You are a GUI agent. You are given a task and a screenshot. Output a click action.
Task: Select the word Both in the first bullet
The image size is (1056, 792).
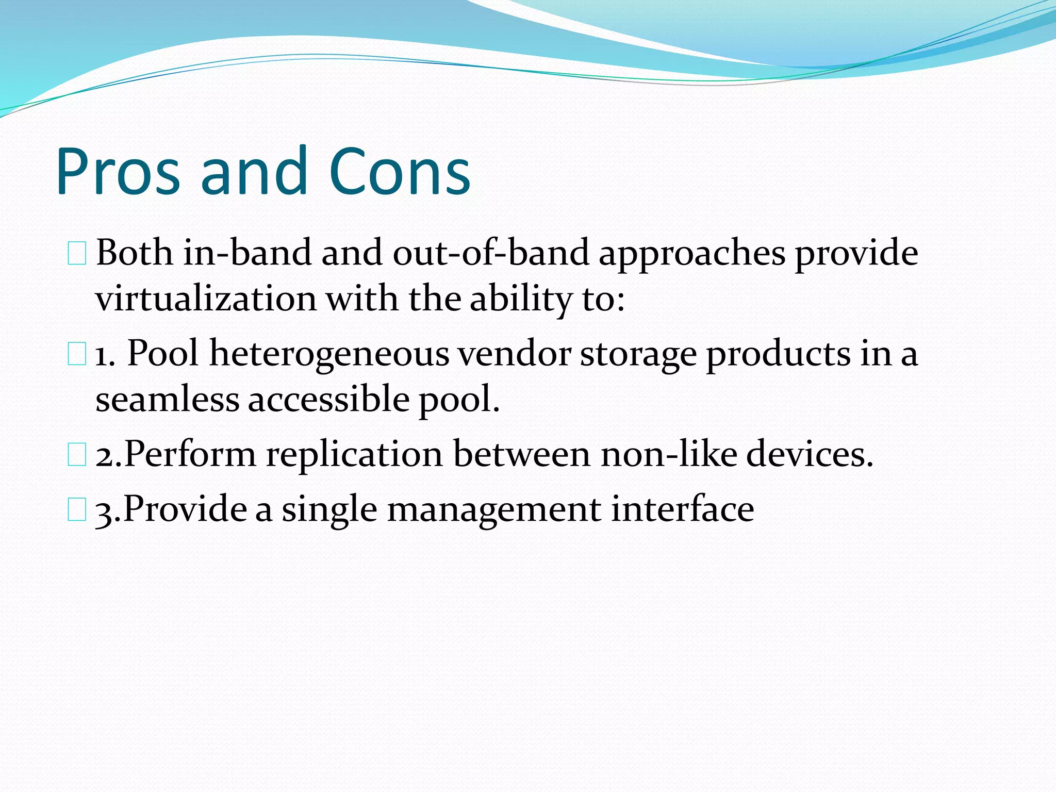pos(135,253)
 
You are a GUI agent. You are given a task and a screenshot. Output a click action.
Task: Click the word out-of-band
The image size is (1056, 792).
pos(490,253)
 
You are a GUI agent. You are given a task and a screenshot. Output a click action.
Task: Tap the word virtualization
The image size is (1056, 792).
pos(206,299)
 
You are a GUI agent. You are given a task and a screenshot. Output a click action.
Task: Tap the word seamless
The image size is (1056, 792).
pos(167,400)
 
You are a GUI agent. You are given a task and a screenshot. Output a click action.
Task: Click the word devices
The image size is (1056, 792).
pos(810,454)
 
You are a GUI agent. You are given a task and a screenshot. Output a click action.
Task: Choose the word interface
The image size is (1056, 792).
pos(683,509)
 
